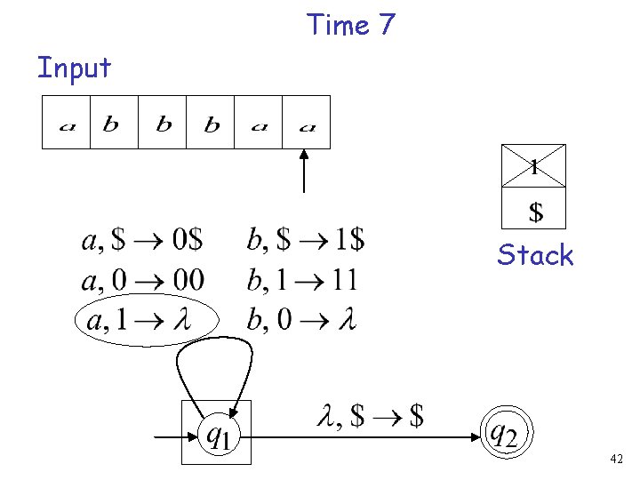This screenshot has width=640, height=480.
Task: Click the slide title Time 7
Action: [x=350, y=25]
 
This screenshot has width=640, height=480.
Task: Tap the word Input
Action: [x=74, y=68]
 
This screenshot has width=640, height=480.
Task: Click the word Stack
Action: [x=535, y=255]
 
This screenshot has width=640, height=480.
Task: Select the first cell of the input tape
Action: [x=67, y=123]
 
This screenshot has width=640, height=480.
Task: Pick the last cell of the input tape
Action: [x=307, y=123]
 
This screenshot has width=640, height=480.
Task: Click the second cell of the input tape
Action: [x=114, y=123]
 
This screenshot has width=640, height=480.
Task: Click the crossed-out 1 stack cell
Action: [x=533, y=165]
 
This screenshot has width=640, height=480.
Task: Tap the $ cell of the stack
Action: [x=533, y=212]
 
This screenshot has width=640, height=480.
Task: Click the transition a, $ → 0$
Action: [x=142, y=240]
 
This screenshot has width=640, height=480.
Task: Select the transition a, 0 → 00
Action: [x=142, y=281]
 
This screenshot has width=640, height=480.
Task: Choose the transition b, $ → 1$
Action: [x=305, y=240]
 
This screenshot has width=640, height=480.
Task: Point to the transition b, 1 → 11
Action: [x=301, y=281]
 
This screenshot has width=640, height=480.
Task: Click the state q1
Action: [x=217, y=434]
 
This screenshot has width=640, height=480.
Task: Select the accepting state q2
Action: [x=504, y=434]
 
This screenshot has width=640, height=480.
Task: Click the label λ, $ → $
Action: [x=369, y=415]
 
